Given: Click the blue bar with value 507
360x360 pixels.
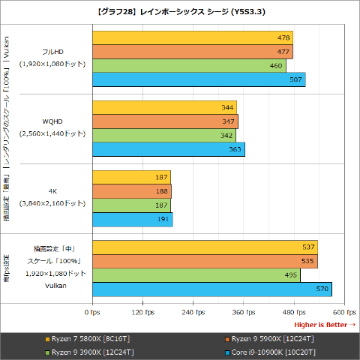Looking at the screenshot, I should [x=199, y=79].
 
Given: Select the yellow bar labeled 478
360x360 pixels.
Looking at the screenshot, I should [x=193, y=37].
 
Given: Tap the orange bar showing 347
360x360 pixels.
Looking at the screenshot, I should [x=165, y=121].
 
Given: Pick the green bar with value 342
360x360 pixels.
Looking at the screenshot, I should [x=164, y=135].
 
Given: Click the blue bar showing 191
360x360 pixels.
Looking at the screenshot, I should [x=133, y=219].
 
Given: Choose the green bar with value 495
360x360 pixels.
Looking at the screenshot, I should [x=196, y=275].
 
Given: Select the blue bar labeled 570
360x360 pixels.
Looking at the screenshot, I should [x=212, y=289].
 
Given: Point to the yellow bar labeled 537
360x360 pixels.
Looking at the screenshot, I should [x=205, y=247].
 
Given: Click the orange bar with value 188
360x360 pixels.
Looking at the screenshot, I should [x=132, y=191].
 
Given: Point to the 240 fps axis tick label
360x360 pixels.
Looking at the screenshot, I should [x=193, y=311].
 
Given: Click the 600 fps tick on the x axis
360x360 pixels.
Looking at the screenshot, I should [x=343, y=311].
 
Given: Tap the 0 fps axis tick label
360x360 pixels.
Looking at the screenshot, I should [x=92, y=311].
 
